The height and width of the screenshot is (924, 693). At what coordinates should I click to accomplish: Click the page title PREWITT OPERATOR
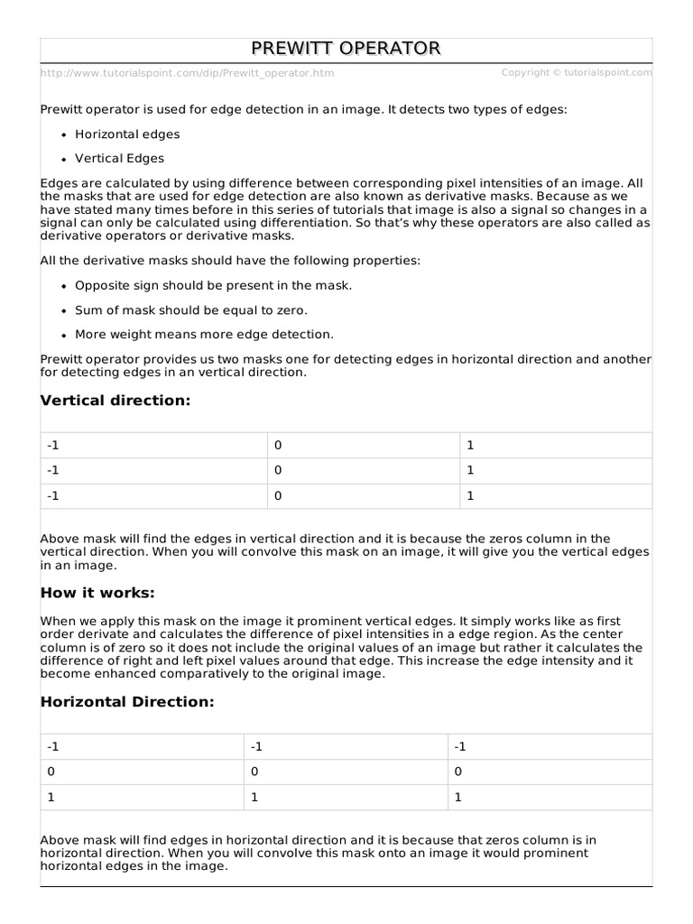(346, 49)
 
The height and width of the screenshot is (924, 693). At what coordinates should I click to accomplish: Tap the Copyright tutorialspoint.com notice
(576, 72)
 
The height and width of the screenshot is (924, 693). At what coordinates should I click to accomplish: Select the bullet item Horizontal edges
(127, 134)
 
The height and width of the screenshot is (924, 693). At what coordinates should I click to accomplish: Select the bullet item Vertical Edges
(119, 159)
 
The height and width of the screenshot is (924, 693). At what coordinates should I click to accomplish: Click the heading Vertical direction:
(115, 401)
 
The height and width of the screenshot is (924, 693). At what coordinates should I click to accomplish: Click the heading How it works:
(98, 593)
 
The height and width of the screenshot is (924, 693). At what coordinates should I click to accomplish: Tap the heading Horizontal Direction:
(127, 701)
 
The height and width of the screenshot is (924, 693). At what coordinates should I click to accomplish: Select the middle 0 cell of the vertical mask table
(279, 470)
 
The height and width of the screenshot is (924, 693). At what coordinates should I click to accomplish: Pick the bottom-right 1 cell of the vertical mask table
(469, 496)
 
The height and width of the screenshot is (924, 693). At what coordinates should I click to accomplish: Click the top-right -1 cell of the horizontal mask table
(460, 746)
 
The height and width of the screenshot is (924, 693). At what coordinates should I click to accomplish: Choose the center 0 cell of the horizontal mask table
(255, 772)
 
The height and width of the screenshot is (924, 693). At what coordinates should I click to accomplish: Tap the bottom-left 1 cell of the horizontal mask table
(51, 798)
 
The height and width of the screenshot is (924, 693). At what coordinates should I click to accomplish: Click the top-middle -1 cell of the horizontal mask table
(257, 746)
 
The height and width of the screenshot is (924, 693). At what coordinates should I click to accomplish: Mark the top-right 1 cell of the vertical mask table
(469, 445)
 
